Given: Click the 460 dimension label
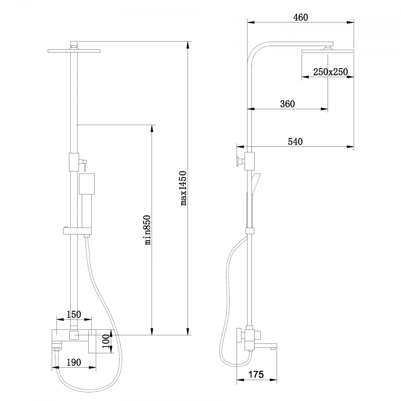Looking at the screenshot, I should coord(300,17).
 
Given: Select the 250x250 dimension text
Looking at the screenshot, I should coord(330,72).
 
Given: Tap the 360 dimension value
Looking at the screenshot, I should coord(288,104).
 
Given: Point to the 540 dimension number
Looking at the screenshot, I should coord(295,141).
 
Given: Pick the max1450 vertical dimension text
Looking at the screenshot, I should coord(184,188).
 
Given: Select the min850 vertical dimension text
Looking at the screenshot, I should coord(148,230).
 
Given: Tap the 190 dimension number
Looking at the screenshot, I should coord(74,363).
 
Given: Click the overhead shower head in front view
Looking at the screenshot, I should coord(74,51).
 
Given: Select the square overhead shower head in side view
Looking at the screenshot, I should coord(328,51).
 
